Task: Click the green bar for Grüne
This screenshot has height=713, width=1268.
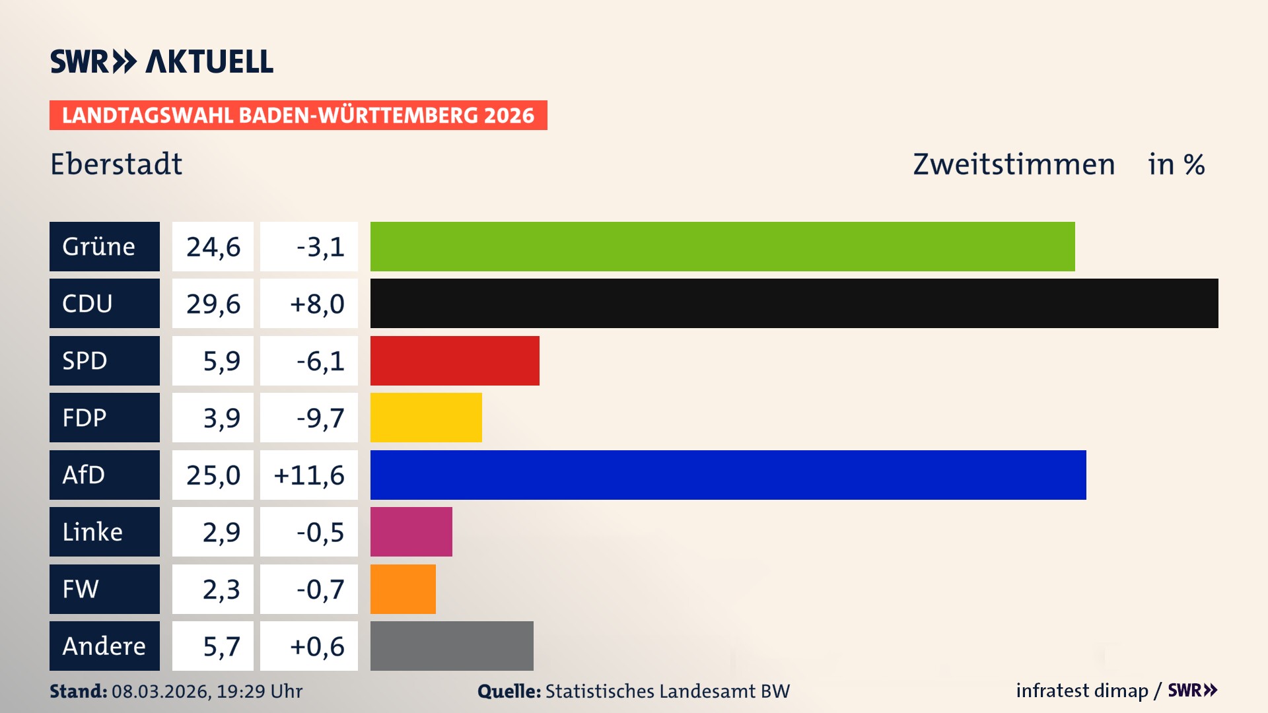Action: (x=722, y=246)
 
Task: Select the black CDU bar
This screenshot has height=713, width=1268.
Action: (x=794, y=303)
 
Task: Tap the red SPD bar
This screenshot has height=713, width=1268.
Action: (x=454, y=360)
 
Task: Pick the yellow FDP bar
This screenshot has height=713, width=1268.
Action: (x=426, y=417)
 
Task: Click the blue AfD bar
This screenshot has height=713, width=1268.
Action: (x=728, y=475)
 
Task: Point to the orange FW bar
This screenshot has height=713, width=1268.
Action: (x=403, y=589)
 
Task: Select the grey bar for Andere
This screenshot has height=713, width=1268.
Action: (x=452, y=646)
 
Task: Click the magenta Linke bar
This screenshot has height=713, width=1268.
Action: (x=411, y=531)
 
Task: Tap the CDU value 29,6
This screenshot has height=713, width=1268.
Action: (x=213, y=304)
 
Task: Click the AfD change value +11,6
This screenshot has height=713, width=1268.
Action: (x=309, y=475)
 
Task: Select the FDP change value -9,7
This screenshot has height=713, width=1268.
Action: (x=320, y=418)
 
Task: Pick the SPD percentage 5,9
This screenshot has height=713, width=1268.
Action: (x=221, y=361)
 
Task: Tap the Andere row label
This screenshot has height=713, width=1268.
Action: (x=104, y=646)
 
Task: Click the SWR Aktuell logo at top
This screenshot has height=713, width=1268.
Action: (x=162, y=61)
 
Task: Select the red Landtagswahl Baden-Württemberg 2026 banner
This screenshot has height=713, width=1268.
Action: (x=298, y=116)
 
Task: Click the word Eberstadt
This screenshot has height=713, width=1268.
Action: (x=116, y=164)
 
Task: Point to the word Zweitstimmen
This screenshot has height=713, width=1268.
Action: (x=1014, y=164)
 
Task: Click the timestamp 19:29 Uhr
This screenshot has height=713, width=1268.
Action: (x=259, y=691)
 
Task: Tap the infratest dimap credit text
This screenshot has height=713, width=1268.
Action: (x=1082, y=691)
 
